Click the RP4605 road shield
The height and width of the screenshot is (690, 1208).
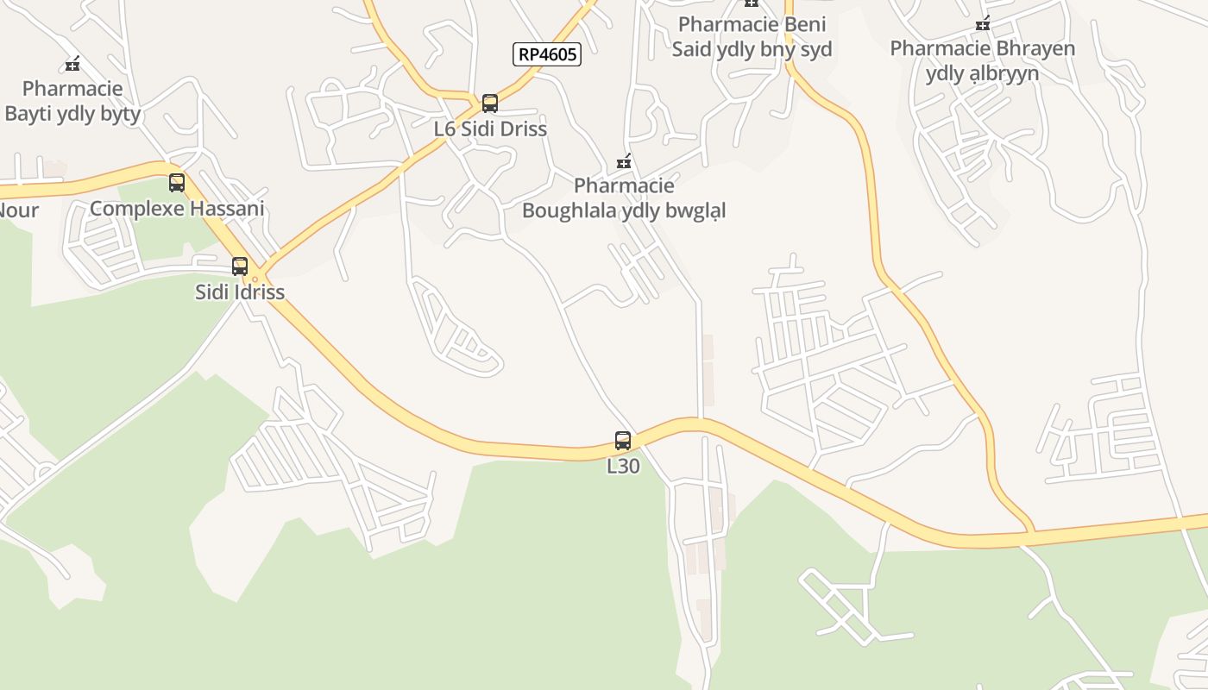click(547, 55)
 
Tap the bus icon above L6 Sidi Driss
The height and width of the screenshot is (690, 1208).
click(490, 103)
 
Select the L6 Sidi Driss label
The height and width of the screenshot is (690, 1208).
click(490, 129)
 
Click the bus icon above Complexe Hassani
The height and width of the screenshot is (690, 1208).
click(177, 183)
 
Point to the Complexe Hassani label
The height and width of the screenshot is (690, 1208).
click(177, 209)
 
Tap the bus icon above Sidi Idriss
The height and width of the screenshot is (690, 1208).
click(240, 267)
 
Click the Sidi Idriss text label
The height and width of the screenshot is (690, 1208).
click(240, 292)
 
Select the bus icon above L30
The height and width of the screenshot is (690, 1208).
click(623, 441)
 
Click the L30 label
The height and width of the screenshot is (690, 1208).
click(623, 467)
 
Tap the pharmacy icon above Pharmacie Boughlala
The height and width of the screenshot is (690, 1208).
click(624, 162)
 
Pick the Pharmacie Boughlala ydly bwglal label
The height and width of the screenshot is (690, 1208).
click(624, 198)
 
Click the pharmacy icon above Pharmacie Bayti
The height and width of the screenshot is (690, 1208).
click(72, 64)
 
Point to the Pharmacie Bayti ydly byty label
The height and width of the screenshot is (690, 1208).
click(72, 101)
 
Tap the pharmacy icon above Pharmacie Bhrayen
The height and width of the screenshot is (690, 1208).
click(982, 24)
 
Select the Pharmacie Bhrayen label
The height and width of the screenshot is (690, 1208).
click(982, 60)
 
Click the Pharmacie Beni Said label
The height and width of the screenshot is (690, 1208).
click(752, 36)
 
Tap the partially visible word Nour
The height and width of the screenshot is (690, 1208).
click(17, 210)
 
